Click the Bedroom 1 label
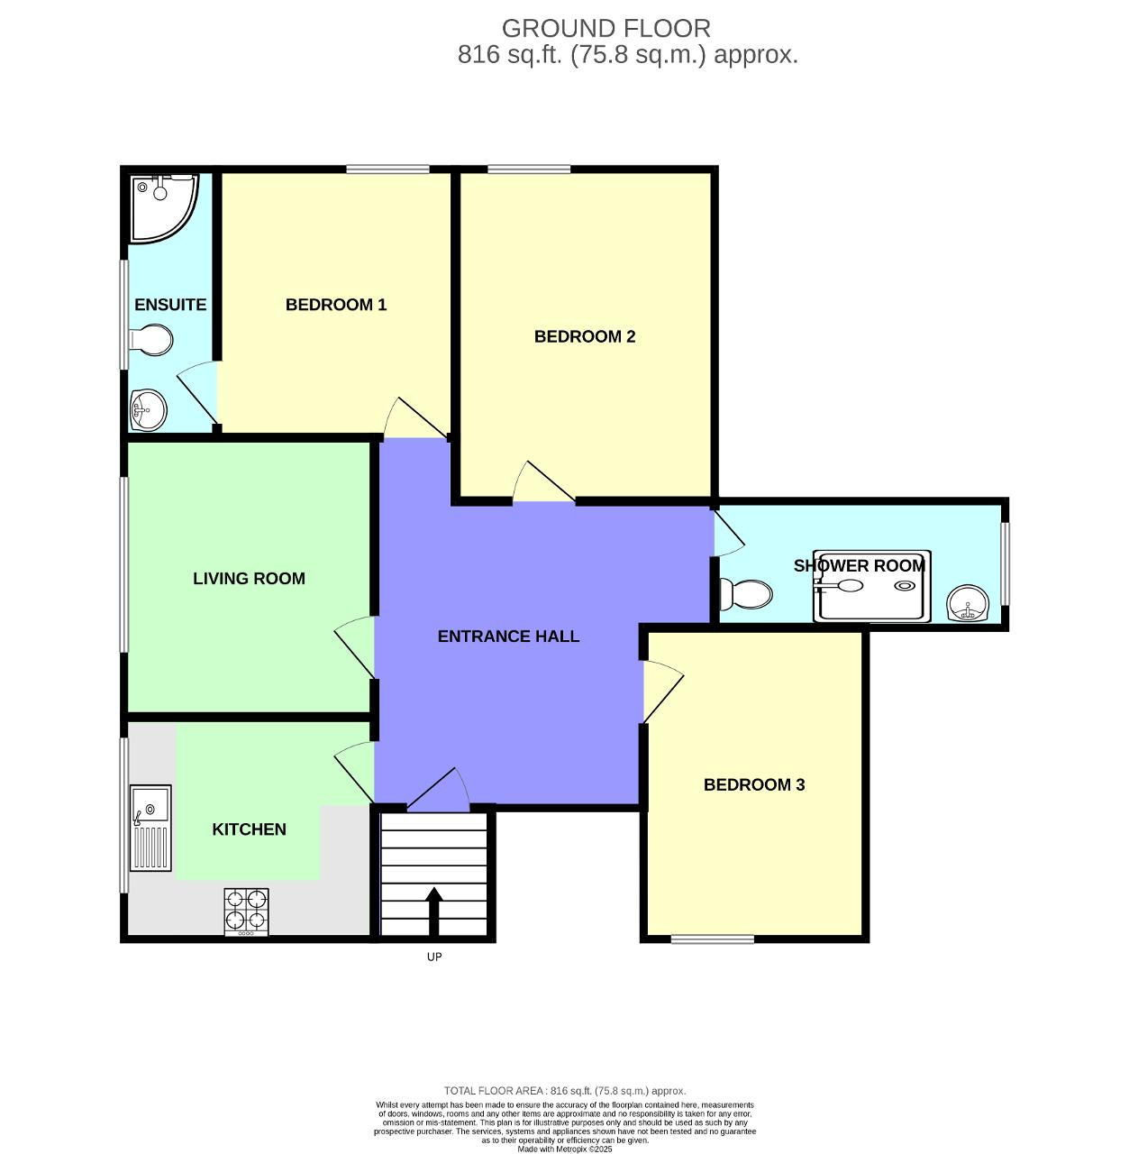(x=335, y=305)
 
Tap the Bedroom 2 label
(x=585, y=336)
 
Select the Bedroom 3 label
(x=753, y=784)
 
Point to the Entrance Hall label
(x=508, y=637)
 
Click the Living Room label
(x=249, y=579)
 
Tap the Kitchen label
(x=249, y=829)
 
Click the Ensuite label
(x=170, y=305)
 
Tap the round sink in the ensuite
(x=148, y=410)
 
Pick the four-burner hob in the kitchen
(x=246, y=911)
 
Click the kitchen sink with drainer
(x=150, y=828)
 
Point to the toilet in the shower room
(x=746, y=594)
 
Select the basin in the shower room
(x=968, y=603)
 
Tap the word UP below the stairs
(x=434, y=957)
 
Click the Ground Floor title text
(x=605, y=29)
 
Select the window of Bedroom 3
(x=712, y=939)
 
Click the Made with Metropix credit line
(x=565, y=1149)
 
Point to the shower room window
(x=1006, y=563)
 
